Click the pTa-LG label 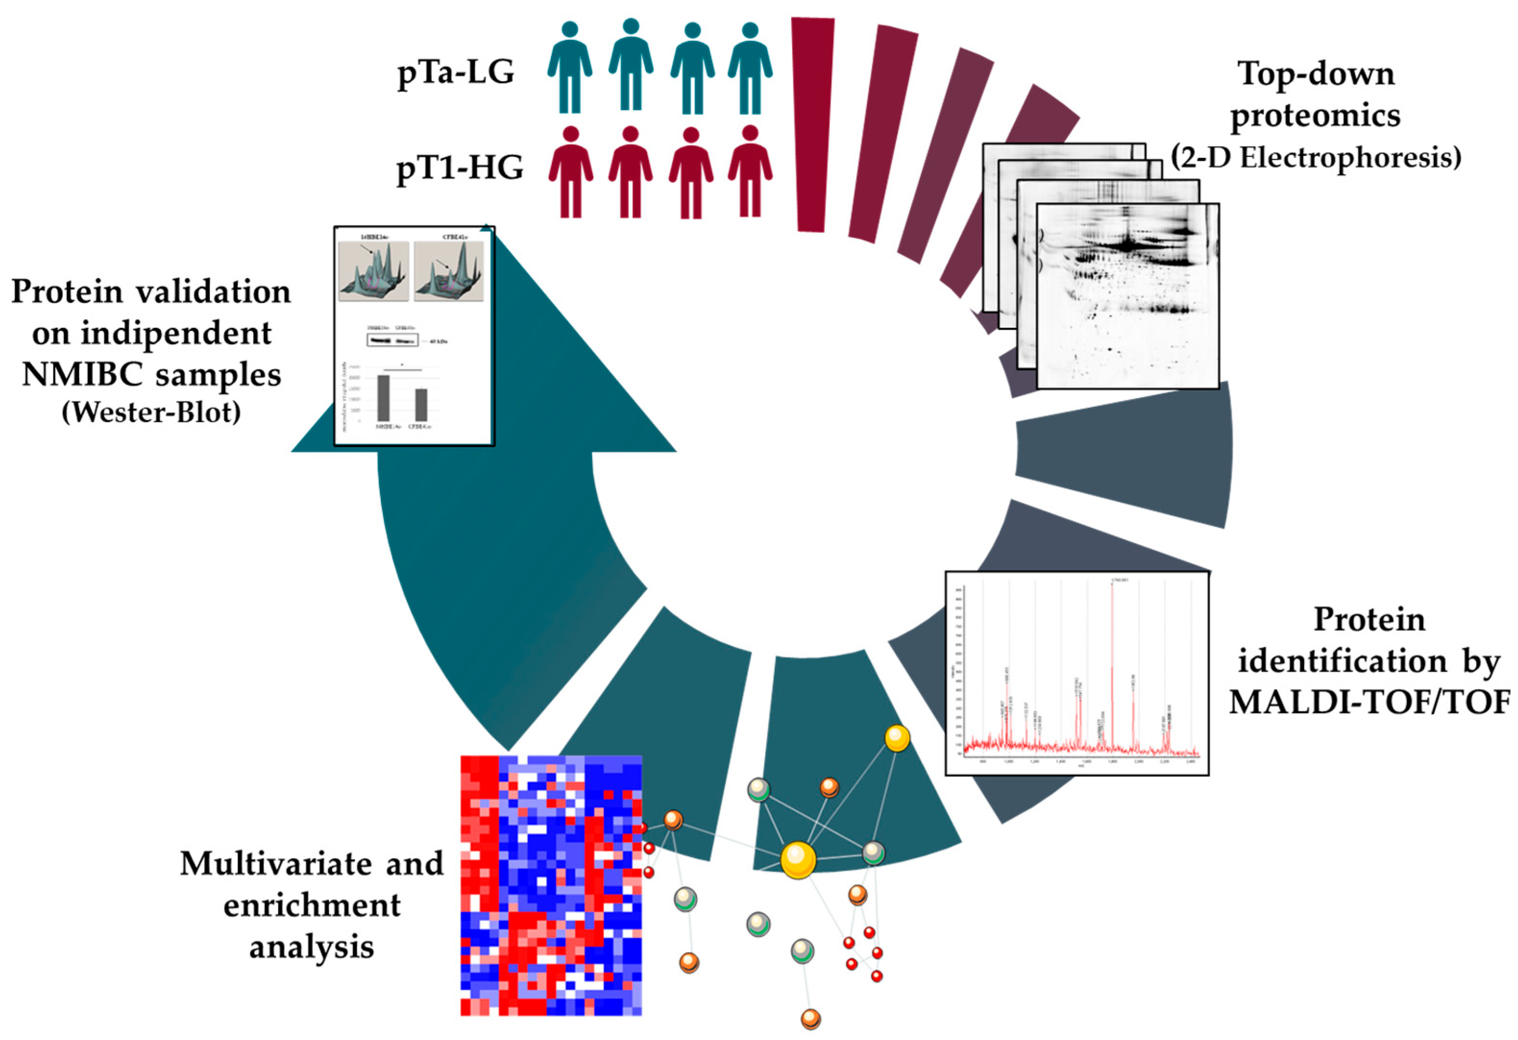(x=456, y=73)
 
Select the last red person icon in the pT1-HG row (x=750, y=171)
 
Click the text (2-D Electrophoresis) (x=1315, y=158)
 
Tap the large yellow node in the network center (x=798, y=859)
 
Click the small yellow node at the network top (x=897, y=738)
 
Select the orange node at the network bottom (x=810, y=1018)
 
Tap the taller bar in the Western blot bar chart (x=383, y=398)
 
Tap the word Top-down (x=1315, y=74)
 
